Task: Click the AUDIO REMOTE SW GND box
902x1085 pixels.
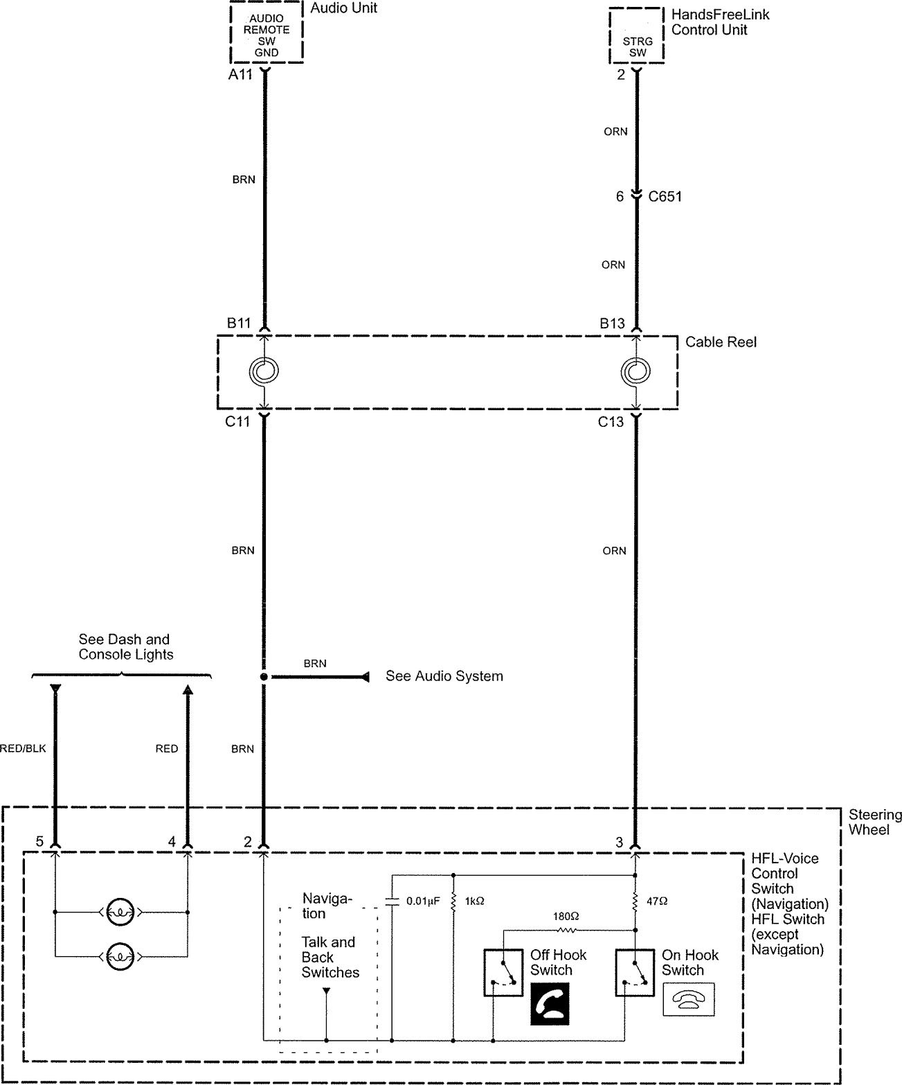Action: pyautogui.click(x=267, y=32)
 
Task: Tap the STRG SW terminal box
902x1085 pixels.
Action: pyautogui.click(x=637, y=36)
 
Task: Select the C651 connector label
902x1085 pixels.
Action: pyautogui.click(x=665, y=197)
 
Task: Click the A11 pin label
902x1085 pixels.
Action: pyautogui.click(x=240, y=75)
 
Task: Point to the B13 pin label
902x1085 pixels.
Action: pyautogui.click(x=612, y=323)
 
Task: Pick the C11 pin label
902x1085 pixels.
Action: pyautogui.click(x=237, y=421)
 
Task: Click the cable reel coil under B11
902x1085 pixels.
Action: pyautogui.click(x=264, y=371)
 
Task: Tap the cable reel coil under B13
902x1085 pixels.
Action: pyautogui.click(x=636, y=371)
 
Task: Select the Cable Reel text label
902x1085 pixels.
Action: pyautogui.click(x=721, y=342)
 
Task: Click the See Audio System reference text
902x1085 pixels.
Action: pyautogui.click(x=444, y=676)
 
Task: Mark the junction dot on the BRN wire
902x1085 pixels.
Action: pyautogui.click(x=264, y=677)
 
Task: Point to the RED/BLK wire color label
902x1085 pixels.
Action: pyautogui.click(x=22, y=748)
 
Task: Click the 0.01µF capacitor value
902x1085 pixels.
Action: pyautogui.click(x=423, y=901)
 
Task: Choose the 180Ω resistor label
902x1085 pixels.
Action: pyautogui.click(x=566, y=916)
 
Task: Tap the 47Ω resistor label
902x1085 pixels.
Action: pyautogui.click(x=657, y=901)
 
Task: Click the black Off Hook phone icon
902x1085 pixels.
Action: pyautogui.click(x=550, y=1004)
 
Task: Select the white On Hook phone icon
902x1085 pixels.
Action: pyautogui.click(x=689, y=999)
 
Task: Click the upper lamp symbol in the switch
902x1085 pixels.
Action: pyautogui.click(x=120, y=912)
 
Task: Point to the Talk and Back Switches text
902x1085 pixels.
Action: pyautogui.click(x=330, y=958)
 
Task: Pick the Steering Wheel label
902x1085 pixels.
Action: pyautogui.click(x=875, y=822)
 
